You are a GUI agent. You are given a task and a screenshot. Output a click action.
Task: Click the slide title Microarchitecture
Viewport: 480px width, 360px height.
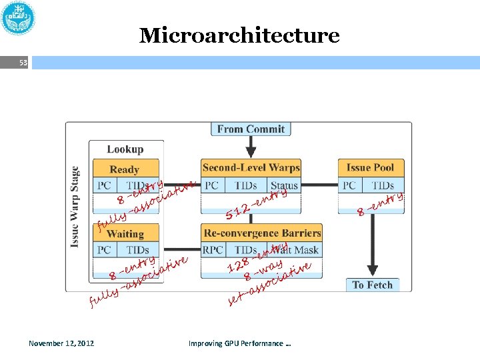[239, 35]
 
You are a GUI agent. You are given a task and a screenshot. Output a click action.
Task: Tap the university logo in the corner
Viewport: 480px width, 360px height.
[19, 19]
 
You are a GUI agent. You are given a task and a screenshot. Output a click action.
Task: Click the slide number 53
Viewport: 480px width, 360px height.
[23, 63]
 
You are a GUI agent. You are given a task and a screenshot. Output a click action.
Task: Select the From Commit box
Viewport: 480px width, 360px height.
[251, 129]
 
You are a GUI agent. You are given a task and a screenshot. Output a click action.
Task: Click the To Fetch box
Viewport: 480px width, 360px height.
[373, 285]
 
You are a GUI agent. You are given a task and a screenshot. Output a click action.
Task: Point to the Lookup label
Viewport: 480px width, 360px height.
[125, 149]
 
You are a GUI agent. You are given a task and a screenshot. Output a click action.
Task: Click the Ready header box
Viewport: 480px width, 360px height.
[125, 169]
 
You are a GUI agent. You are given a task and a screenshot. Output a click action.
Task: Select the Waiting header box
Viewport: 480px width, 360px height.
[125, 234]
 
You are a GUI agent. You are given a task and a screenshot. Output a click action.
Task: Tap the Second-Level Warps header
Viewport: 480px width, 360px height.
[251, 167]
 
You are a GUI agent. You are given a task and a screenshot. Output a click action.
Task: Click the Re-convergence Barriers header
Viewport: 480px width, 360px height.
[262, 233]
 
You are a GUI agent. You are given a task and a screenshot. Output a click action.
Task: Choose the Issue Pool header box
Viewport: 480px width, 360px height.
[370, 167]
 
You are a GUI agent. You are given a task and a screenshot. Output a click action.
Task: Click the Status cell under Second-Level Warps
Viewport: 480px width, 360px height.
[284, 185]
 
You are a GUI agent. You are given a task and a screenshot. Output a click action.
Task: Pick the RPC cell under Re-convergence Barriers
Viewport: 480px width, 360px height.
[213, 250]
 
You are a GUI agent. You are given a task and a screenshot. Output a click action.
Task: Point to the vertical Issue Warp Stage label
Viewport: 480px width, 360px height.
[75, 207]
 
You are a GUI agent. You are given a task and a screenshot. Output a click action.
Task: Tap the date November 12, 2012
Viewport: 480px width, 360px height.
[61, 343]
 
